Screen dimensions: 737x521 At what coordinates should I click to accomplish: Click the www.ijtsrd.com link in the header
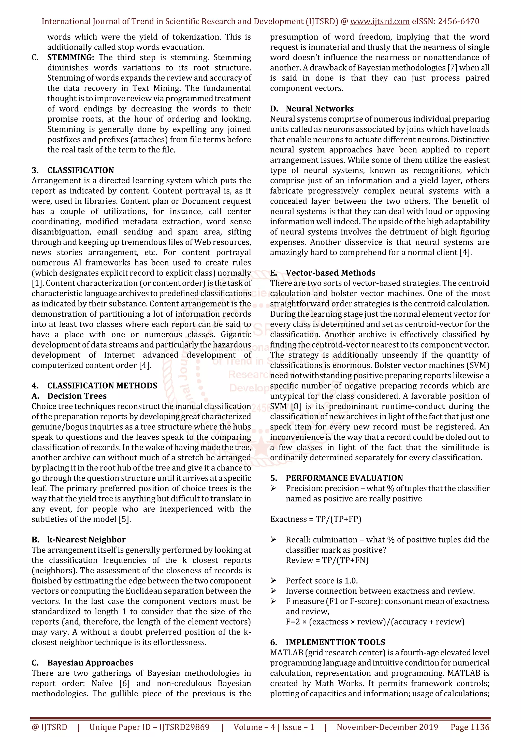pyautogui.click(x=380, y=22)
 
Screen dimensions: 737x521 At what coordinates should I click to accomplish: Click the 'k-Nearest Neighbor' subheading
pyautogui.click(x=86, y=540)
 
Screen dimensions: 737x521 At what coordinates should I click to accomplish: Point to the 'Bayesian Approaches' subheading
pyautogui.click(x=90, y=662)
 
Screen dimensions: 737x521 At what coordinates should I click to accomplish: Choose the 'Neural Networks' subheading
pyautogui.click(x=320, y=109)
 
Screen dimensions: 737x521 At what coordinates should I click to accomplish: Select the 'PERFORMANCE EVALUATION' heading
pyautogui.click(x=344, y=478)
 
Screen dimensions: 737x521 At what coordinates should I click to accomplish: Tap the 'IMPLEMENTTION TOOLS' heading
pyautogui.click(x=336, y=642)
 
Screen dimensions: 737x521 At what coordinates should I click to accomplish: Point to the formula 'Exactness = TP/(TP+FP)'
pyautogui.click(x=315, y=519)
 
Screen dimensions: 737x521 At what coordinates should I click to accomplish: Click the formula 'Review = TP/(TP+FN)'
pyautogui.click(x=327, y=560)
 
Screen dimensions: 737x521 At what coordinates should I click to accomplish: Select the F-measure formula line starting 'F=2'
pyautogui.click(x=375, y=622)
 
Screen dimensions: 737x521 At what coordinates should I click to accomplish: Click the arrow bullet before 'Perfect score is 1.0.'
pyautogui.click(x=273, y=581)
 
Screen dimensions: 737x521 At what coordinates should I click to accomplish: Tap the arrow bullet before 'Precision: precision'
pyautogui.click(x=273, y=488)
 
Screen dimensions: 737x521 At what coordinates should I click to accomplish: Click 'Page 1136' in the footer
pyautogui.click(x=470, y=727)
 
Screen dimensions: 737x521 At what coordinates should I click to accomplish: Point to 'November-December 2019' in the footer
pyautogui.click(x=387, y=727)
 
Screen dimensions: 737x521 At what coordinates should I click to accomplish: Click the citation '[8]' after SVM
pyautogui.click(x=296, y=406)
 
